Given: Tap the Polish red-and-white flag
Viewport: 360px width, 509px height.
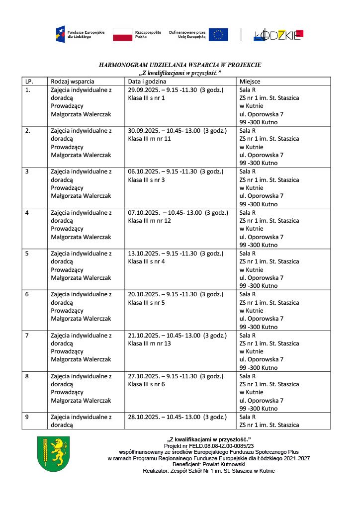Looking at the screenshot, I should (122, 34).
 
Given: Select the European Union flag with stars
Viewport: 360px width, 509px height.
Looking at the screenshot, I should (218, 34).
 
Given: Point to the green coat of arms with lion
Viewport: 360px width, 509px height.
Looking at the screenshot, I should (53, 454).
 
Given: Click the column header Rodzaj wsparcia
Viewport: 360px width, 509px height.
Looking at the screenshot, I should (73, 82).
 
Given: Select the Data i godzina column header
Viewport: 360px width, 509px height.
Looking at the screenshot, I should (147, 82).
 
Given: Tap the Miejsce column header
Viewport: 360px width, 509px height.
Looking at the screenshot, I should (250, 82).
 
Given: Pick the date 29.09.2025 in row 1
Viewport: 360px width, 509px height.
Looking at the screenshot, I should (143, 90).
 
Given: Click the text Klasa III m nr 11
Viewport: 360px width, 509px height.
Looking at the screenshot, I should (149, 139).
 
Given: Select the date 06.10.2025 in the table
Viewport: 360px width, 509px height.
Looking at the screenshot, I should (143, 171).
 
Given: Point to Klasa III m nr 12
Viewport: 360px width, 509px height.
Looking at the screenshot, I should (149, 220).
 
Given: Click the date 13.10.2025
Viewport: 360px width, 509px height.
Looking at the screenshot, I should (143, 254).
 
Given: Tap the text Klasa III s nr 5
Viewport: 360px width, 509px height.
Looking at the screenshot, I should (146, 302).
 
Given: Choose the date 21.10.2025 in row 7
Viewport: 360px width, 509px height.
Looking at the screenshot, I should (143, 335).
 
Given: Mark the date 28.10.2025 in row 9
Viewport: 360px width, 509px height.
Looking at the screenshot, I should (143, 417).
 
